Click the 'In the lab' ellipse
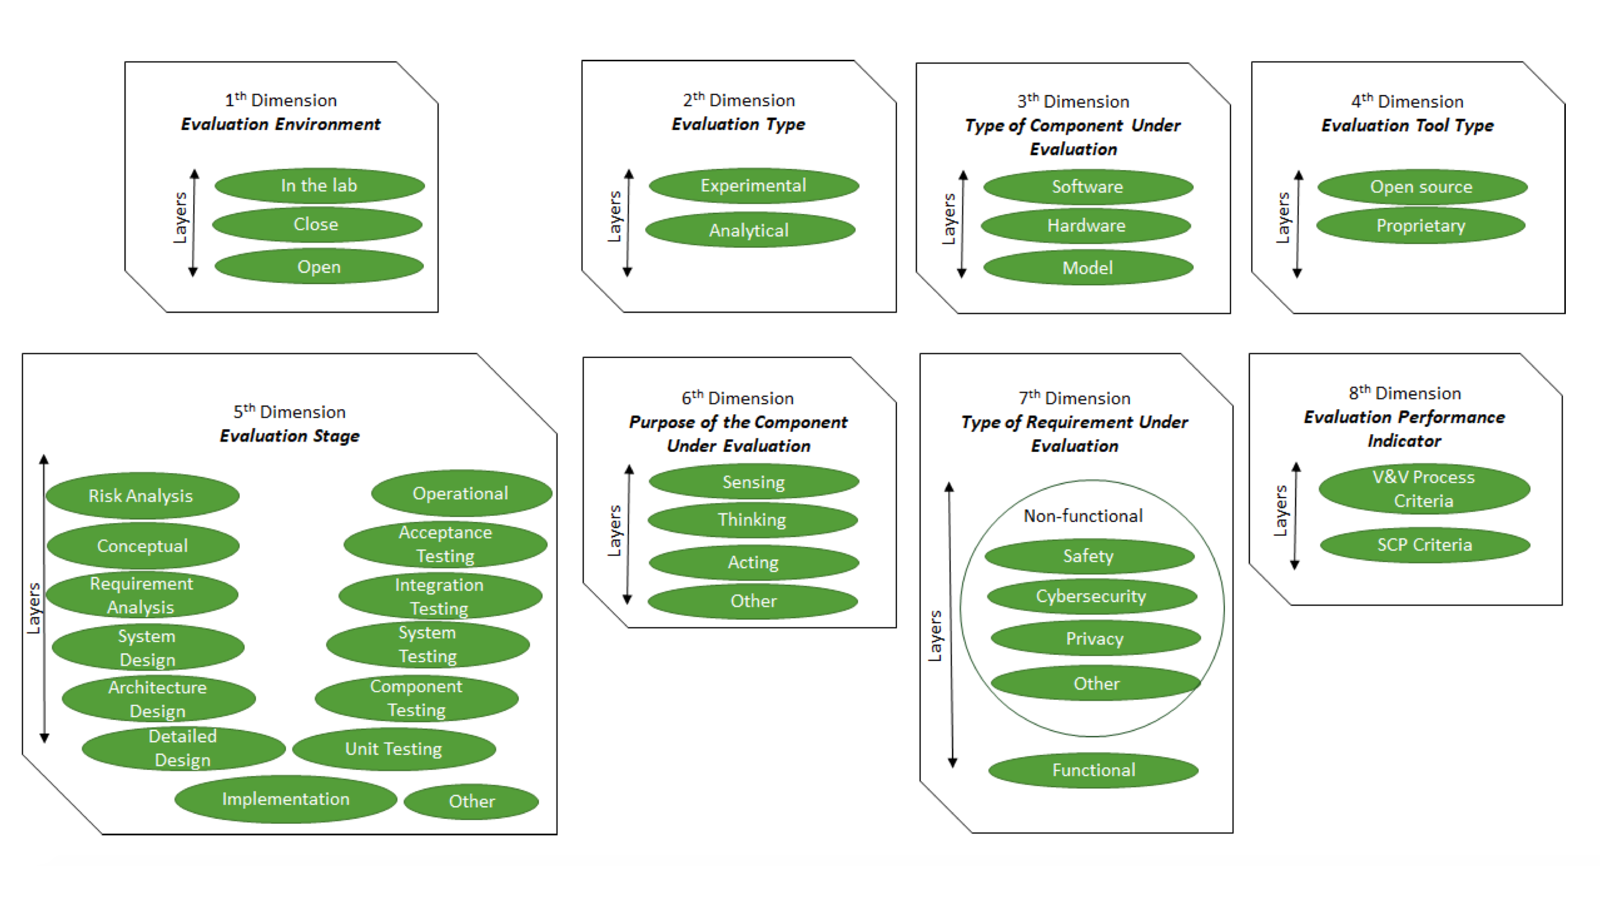(x=320, y=186)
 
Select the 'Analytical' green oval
(x=749, y=230)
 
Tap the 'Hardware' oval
(x=1087, y=226)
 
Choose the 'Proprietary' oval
(x=1421, y=226)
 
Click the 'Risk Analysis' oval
(x=141, y=496)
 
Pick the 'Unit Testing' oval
(x=394, y=749)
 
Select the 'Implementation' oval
(x=286, y=799)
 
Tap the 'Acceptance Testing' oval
(x=445, y=544)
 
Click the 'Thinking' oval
(x=752, y=520)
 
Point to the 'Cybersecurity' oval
(x=1091, y=596)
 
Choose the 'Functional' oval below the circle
(x=1093, y=770)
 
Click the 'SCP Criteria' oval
(x=1425, y=545)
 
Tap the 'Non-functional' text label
(x=1083, y=515)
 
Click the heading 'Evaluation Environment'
(x=280, y=124)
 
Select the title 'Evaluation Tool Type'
(x=1407, y=126)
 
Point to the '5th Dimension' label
(x=290, y=412)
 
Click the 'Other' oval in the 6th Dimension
(x=753, y=601)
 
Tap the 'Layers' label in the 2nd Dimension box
(x=614, y=216)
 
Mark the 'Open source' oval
(x=1422, y=187)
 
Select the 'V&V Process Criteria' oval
(x=1424, y=489)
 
